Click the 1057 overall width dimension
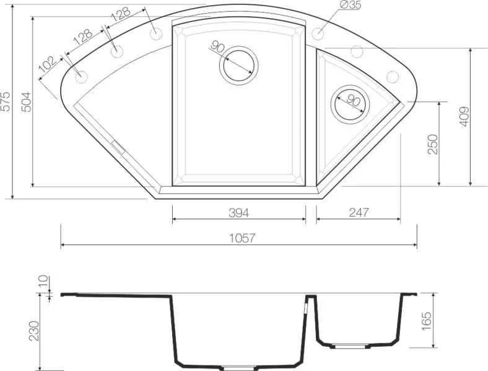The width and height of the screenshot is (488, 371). pyautogui.click(x=242, y=238)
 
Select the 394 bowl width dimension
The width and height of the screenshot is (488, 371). pyautogui.click(x=238, y=213)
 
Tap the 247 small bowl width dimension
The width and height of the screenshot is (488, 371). pyautogui.click(x=359, y=213)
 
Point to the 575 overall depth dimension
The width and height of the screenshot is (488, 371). pyautogui.click(x=6, y=101)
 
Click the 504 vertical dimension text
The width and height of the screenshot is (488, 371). pyautogui.click(x=26, y=102)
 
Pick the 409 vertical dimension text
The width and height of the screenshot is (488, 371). pyautogui.click(x=464, y=116)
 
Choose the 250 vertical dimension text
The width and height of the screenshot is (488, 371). pyautogui.click(x=433, y=144)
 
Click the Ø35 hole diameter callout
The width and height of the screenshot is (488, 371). pyautogui.click(x=351, y=5)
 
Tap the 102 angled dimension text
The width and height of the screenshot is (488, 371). pyautogui.click(x=48, y=64)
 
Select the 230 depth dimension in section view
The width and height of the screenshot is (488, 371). pyautogui.click(x=34, y=331)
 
